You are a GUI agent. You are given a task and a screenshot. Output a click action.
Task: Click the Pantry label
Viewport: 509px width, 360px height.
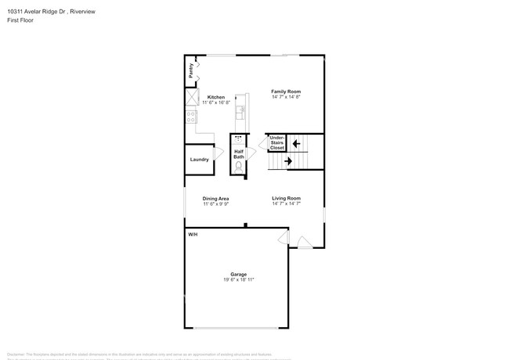point(191,70)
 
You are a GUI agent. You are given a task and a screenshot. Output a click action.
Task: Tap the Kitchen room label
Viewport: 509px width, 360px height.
point(216,97)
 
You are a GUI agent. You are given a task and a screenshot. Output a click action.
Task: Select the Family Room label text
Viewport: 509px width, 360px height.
point(286,92)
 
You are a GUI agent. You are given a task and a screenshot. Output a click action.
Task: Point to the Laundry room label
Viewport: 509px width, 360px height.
point(199,159)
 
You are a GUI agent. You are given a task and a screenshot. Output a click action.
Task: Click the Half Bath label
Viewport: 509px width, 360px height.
point(239,153)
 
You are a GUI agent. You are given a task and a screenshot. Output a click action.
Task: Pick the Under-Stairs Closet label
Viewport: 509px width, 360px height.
point(276,142)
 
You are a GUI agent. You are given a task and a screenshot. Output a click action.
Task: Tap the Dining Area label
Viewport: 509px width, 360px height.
point(215,199)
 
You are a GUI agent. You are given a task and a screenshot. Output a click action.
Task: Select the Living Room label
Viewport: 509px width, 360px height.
point(286,198)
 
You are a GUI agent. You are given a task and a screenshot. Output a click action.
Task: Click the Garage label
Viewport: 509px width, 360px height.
point(238,274)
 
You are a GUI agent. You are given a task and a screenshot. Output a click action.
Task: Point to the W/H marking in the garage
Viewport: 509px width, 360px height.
point(193,235)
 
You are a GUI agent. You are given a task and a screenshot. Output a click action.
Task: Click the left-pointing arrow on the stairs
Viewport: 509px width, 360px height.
point(295,143)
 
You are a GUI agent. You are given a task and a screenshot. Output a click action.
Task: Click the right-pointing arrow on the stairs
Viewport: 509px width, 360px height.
point(288,161)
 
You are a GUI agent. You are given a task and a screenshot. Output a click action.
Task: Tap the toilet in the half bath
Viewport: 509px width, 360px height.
point(239,166)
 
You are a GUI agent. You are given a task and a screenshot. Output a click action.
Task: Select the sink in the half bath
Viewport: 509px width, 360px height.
point(239,139)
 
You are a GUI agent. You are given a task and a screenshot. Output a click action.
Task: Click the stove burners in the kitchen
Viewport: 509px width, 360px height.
point(191,118)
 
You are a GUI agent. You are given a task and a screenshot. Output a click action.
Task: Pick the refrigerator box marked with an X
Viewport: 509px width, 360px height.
point(191,97)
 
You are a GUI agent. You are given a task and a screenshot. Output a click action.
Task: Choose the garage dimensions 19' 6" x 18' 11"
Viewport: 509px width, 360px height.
point(238,279)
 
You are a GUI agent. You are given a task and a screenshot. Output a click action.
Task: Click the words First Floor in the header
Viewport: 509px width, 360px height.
point(20,20)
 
